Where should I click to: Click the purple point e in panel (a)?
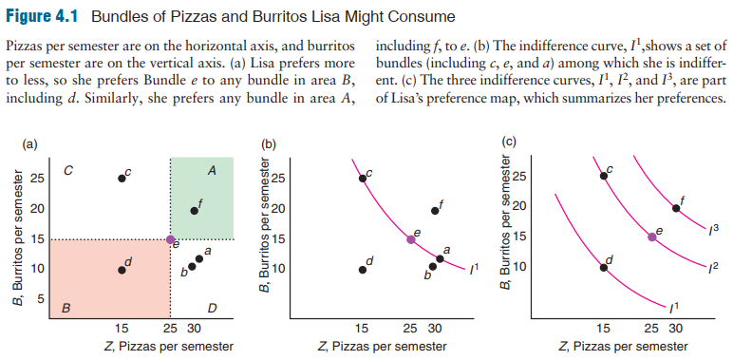click(170, 239)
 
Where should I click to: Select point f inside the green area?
click(194, 210)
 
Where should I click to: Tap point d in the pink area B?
click(122, 270)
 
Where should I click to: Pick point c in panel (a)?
click(122, 178)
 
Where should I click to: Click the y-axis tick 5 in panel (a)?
click(40, 299)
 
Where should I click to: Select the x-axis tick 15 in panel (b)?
click(363, 329)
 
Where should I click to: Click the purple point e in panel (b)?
click(411, 239)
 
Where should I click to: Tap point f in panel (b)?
click(435, 210)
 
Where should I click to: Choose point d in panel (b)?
click(363, 270)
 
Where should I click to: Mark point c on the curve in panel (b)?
click(363, 178)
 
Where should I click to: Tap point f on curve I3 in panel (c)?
click(676, 207)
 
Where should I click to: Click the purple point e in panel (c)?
click(652, 237)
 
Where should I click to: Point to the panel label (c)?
click(507, 143)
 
